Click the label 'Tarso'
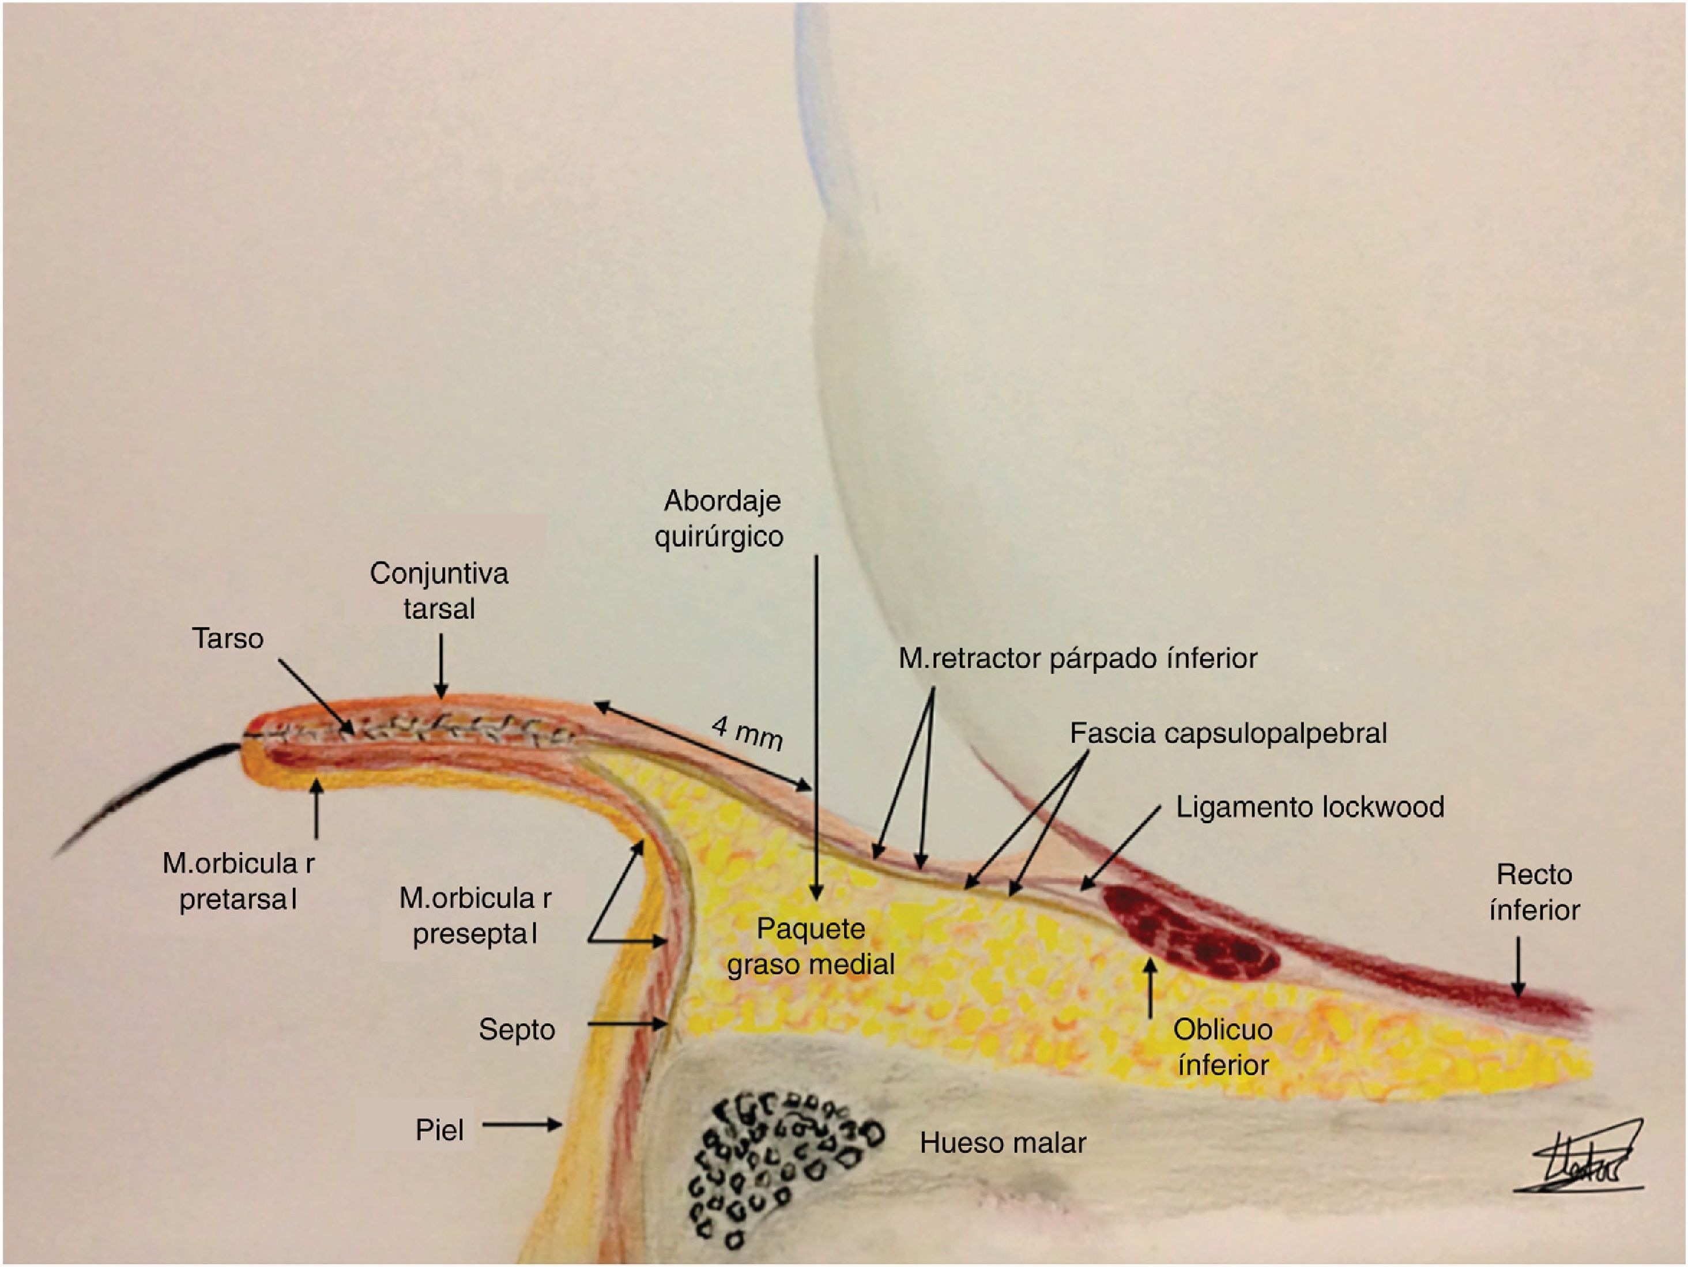click(227, 639)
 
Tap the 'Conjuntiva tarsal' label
click(439, 591)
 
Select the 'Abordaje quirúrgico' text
click(719, 519)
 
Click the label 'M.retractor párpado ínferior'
click(1077, 658)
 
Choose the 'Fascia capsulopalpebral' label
click(1228, 734)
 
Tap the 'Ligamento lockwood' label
click(1309, 807)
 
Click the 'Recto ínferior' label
click(1534, 892)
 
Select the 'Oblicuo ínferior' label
click(1223, 1047)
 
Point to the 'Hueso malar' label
click(1003, 1142)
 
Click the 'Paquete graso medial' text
click(811, 947)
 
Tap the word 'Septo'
click(517, 1030)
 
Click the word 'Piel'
click(439, 1130)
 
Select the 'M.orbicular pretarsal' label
click(238, 882)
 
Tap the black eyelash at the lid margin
click(153, 793)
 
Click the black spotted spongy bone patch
click(778, 1167)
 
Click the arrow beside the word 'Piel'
click(523, 1125)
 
